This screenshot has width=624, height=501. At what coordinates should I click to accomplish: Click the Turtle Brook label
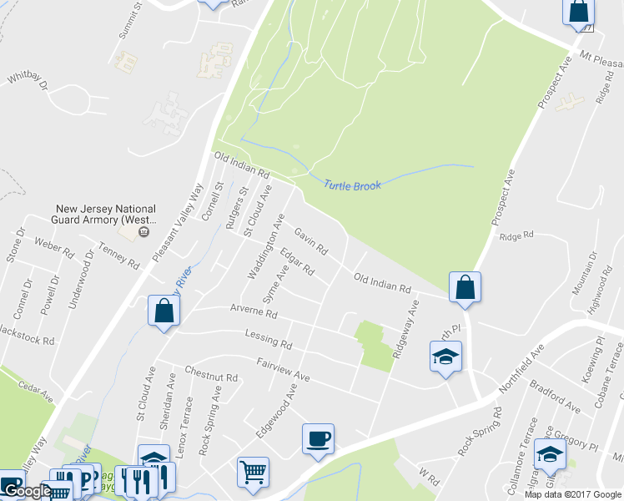pyautogui.click(x=352, y=185)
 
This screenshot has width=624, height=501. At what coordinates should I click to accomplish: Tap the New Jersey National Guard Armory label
pyautogui.click(x=106, y=215)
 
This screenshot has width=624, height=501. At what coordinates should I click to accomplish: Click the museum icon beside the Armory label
pyautogui.click(x=144, y=231)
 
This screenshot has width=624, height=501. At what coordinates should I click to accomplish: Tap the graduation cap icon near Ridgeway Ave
pyautogui.click(x=445, y=357)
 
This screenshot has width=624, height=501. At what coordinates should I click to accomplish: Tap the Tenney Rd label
pyautogui.click(x=118, y=256)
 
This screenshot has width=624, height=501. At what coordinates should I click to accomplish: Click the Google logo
pyautogui.click(x=27, y=491)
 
